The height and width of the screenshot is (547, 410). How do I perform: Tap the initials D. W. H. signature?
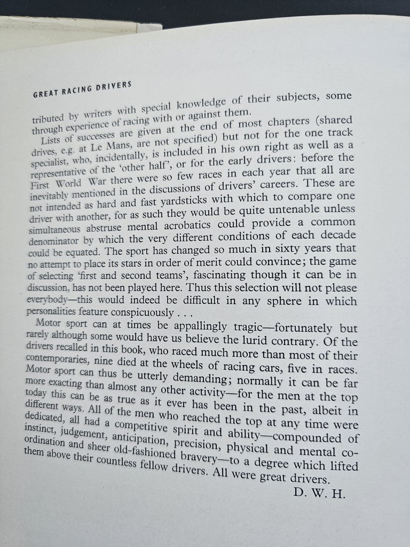320,493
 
